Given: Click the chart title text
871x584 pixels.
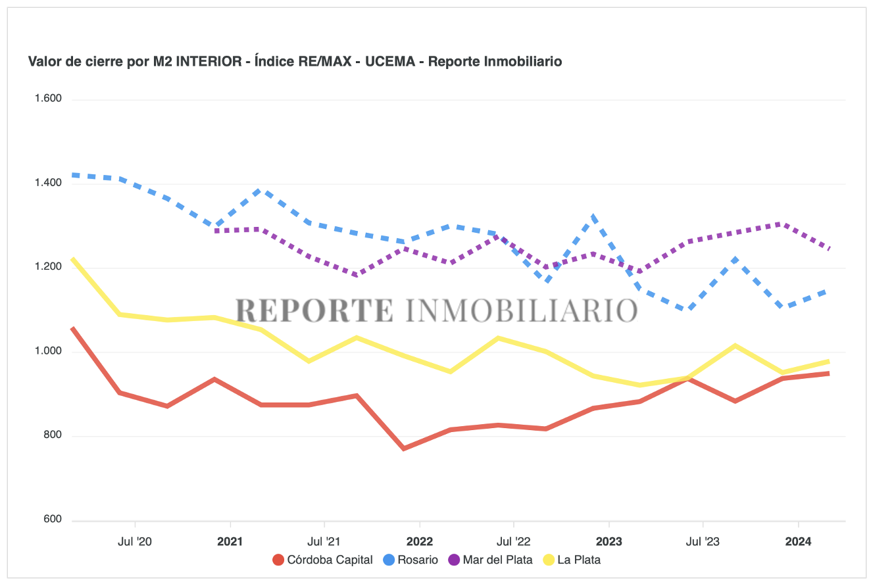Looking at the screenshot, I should [x=295, y=62].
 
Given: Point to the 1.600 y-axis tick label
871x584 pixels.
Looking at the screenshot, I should [x=48, y=99].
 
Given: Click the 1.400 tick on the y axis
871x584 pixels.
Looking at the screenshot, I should [x=48, y=183].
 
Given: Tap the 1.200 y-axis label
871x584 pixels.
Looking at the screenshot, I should [x=48, y=268].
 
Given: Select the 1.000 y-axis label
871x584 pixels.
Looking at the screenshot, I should [x=48, y=352].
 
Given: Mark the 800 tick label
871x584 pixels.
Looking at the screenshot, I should [x=53, y=435].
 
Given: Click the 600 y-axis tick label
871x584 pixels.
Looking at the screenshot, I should [x=53, y=520].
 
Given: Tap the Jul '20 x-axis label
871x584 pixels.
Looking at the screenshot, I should [x=135, y=543].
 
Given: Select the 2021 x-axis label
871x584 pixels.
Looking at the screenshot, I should [x=230, y=543].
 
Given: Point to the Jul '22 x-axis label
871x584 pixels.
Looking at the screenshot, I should [x=514, y=543].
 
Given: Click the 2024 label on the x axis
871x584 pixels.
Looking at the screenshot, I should [x=798, y=543].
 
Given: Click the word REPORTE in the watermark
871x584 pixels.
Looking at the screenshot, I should [x=314, y=310].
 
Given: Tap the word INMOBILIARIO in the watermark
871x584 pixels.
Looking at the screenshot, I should [x=522, y=310].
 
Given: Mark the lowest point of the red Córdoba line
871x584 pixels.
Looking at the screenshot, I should [x=403, y=449].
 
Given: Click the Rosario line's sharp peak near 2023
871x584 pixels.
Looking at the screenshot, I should [x=593, y=216].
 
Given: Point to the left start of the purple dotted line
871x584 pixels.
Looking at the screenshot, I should [x=215, y=231].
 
